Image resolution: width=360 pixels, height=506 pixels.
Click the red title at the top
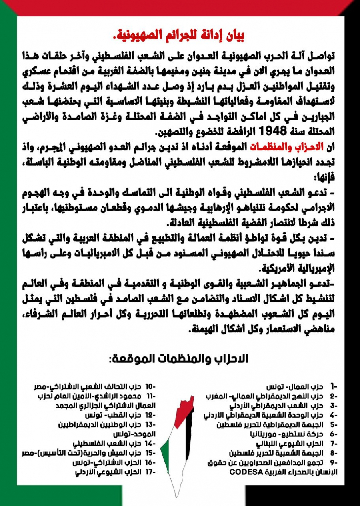(180, 36)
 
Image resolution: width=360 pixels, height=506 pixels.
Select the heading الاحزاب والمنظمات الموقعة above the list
(178, 359)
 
